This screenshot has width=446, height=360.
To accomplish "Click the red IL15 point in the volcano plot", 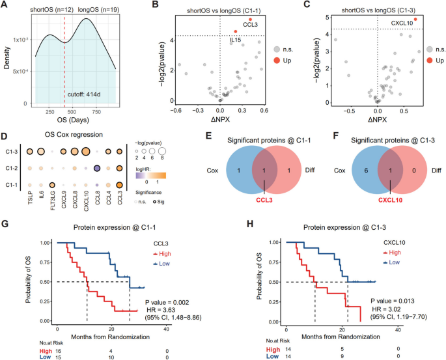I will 235,31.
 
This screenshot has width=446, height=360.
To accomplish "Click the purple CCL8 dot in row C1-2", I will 96,168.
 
